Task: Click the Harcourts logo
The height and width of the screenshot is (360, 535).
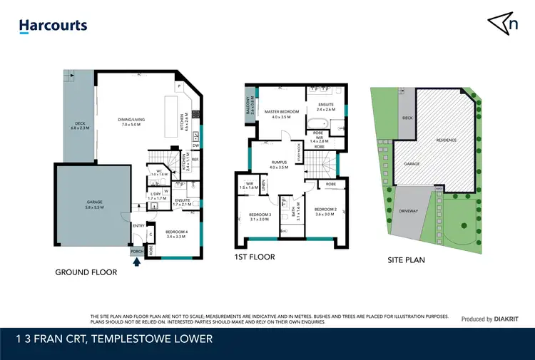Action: click(x=53, y=26)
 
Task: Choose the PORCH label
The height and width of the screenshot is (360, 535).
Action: click(x=136, y=251)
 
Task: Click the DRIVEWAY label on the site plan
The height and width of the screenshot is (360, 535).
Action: click(x=409, y=211)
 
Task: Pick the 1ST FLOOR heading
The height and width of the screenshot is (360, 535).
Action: click(x=254, y=257)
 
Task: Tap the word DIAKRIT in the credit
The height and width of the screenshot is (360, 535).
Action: click(x=509, y=319)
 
